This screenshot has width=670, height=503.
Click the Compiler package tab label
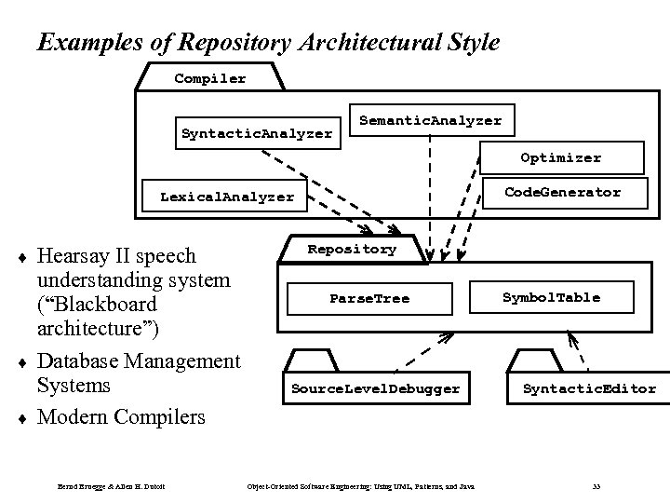pyautogui.click(x=210, y=78)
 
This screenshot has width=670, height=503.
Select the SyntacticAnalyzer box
pyautogui.click(x=256, y=133)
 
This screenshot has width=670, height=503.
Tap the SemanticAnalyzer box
pyautogui.click(x=430, y=120)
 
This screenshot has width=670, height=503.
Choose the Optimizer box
pyautogui.click(x=560, y=157)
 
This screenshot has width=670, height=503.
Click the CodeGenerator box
pyautogui.click(x=562, y=192)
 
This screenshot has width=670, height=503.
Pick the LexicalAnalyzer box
pyautogui.click(x=226, y=197)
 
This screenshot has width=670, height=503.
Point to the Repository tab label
pyautogui.click(x=351, y=250)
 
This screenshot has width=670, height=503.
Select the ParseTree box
pyautogui.click(x=369, y=298)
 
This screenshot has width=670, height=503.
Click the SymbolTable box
pyautogui.click(x=551, y=297)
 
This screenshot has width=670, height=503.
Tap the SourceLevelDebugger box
pyautogui.click(x=375, y=388)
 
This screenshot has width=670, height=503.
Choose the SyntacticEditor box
pyautogui.click(x=589, y=388)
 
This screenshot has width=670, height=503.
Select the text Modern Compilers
pyautogui.click(x=120, y=416)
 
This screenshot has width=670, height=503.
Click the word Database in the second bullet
pyautogui.click(x=79, y=360)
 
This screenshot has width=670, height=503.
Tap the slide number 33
pyautogui.click(x=596, y=487)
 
